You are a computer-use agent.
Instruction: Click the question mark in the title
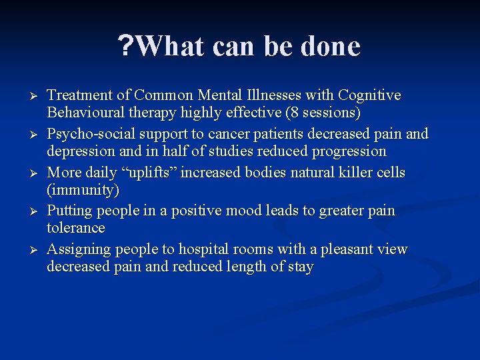pos(125,47)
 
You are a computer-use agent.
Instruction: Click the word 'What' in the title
pos(169,47)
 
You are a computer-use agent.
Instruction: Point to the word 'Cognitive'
pos(370,95)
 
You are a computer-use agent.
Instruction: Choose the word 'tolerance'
pos(76,228)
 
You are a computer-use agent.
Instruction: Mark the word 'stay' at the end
pos(299,267)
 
